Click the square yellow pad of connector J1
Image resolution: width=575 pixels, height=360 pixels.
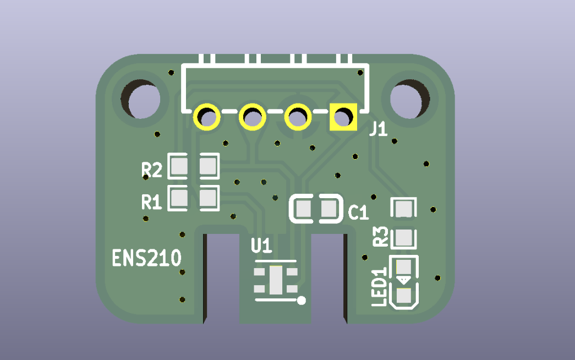click(343, 117)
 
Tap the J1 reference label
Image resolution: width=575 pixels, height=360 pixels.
click(379, 129)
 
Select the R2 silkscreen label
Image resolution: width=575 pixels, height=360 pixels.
click(152, 170)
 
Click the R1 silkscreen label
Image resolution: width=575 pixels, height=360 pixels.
click(152, 202)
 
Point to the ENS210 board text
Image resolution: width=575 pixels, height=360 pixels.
click(147, 258)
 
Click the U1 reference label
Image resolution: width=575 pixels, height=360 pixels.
click(261, 246)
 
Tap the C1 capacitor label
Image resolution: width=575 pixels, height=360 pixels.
click(358, 212)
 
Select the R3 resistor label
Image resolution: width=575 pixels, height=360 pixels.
click(380, 236)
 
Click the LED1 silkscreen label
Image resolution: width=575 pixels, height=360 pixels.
click(379, 287)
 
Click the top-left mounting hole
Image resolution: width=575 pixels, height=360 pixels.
click(140, 99)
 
